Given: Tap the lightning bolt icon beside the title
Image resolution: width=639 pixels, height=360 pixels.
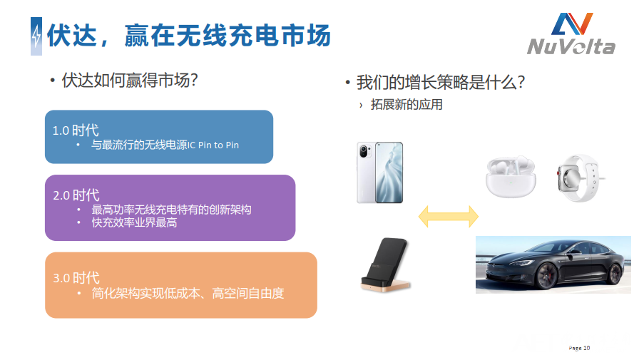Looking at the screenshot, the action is tap(36, 36).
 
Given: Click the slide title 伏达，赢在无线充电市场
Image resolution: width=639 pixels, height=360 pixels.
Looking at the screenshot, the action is tap(189, 36).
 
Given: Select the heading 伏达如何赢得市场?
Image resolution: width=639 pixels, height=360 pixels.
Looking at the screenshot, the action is tap(130, 81).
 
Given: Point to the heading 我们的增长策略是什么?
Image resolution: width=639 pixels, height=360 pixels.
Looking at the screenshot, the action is tap(441, 82).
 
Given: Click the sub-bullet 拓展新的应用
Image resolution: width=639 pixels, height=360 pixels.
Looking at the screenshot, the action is tap(407, 105).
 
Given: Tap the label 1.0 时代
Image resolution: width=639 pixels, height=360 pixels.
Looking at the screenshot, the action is tap(76, 130).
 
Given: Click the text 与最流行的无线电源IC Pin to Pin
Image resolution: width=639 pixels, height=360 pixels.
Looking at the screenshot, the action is tap(165, 145).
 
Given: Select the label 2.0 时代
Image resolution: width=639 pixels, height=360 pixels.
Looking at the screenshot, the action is tap(76, 195).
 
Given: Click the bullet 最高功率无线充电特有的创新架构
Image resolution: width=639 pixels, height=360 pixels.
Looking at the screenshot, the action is tap(172, 210).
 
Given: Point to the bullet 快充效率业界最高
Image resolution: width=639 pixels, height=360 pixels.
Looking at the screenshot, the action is tap(135, 222).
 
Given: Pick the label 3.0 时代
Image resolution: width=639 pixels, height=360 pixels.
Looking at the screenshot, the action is tap(76, 278).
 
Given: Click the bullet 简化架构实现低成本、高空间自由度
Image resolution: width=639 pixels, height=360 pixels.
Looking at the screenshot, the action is tap(188, 293).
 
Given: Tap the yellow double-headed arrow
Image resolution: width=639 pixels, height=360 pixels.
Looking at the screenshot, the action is tap(449, 216).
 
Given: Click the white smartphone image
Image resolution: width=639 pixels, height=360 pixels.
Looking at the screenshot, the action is tap(380, 173).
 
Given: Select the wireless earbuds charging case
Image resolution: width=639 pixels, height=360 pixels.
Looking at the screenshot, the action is tap(511, 177).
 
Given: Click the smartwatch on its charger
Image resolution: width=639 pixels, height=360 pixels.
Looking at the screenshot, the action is tap(579, 178).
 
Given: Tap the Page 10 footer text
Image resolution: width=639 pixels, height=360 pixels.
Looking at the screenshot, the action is tap(579, 348).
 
